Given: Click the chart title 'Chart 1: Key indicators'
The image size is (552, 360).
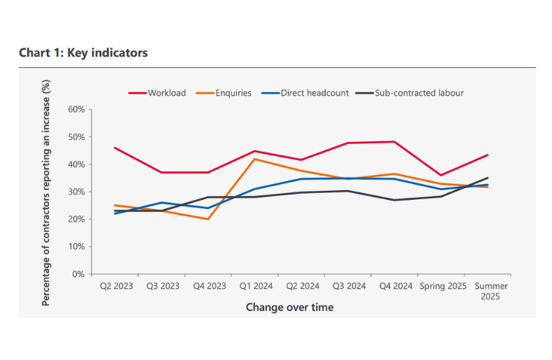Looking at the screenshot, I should pos(83,53).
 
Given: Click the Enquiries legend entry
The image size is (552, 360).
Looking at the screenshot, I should pos(230,93).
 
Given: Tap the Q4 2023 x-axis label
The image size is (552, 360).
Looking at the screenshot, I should pos(208,286).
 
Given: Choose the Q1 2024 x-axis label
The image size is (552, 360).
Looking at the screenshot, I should pos(255,286).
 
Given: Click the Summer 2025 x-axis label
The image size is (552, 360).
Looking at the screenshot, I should pos(491,291).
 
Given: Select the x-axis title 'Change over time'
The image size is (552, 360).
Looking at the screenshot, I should pos(289,307).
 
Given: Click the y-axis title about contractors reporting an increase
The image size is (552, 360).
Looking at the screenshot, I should pos(47,192).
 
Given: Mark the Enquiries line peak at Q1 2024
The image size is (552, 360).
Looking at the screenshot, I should pos(255,159).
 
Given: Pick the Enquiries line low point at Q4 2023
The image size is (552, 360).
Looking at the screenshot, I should pos(208,219).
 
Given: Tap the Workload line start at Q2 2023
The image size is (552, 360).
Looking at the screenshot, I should pos(114,147).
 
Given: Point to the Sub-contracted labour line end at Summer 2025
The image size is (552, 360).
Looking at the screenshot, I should pos(488,178).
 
